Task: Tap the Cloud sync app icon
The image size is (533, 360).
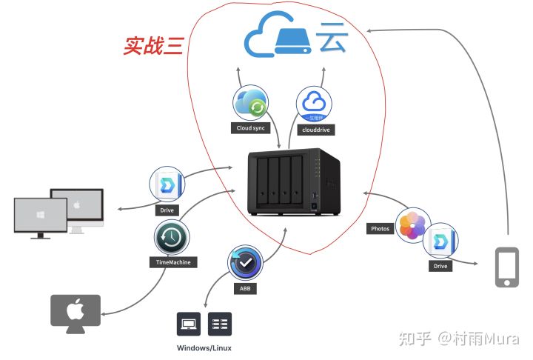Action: [251, 104]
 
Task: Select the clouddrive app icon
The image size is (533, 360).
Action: [313, 105]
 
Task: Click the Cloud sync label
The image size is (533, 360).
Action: [250, 129]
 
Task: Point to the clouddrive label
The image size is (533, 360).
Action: [314, 129]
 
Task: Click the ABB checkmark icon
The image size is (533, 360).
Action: [246, 263]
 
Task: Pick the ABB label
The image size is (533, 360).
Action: [246, 288]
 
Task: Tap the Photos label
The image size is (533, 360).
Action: [379, 229]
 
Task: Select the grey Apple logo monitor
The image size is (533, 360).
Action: [75, 312]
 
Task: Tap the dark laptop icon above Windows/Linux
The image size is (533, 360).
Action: [190, 324]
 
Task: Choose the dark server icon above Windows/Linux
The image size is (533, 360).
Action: [220, 324]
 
